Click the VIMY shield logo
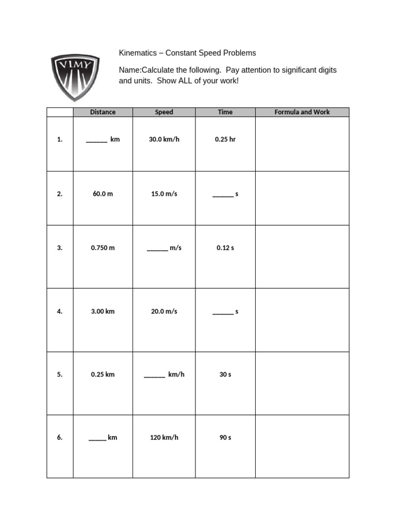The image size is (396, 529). (75, 77)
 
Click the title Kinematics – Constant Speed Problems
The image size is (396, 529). (187, 53)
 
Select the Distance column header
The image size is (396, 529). (103, 112)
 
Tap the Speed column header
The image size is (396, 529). (164, 112)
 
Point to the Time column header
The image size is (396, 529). (225, 112)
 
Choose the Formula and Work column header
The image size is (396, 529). (302, 112)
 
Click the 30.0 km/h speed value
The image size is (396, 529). (164, 139)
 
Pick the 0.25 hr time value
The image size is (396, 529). (225, 139)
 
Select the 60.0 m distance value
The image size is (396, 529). (103, 194)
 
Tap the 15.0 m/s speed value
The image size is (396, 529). (164, 194)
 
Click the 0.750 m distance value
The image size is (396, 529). (103, 248)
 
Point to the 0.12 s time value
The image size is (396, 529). (225, 248)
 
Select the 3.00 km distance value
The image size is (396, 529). (103, 312)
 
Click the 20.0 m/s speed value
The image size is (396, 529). (164, 312)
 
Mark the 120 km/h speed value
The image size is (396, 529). (164, 438)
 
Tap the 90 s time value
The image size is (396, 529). (225, 438)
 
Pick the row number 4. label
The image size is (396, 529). (60, 312)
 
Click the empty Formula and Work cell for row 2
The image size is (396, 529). (302, 198)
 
